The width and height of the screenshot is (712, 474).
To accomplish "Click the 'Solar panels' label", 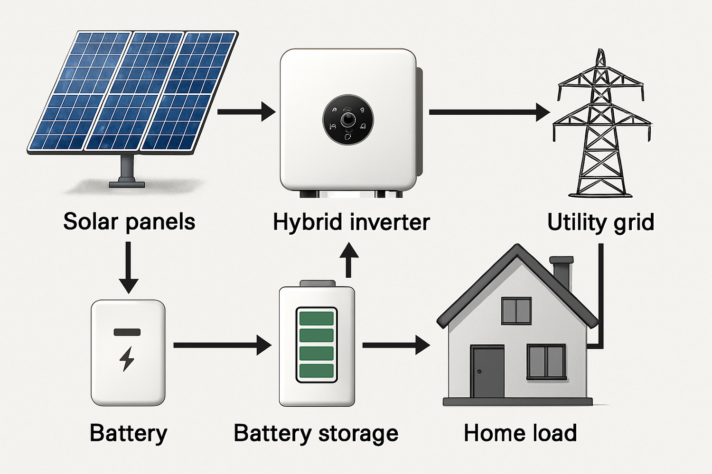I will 129,221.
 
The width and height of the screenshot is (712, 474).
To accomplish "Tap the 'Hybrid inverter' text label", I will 351,222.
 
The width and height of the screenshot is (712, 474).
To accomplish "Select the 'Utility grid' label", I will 600,222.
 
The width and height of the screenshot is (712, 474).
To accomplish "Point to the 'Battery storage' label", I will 316,433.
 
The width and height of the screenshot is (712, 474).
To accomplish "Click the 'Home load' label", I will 520,433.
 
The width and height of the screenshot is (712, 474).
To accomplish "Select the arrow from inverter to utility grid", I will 489,112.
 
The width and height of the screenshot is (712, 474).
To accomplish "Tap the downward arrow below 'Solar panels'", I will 128,268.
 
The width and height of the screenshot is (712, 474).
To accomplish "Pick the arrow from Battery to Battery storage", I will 222,345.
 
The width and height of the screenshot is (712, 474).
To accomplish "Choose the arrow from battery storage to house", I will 396,345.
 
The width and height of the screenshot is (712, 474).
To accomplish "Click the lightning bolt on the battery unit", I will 127,358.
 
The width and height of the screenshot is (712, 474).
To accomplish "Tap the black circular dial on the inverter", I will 348,119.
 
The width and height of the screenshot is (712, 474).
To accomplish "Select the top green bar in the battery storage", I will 317,318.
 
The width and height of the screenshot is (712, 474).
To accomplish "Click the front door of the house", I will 487,372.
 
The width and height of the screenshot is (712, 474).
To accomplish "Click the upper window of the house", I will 516,311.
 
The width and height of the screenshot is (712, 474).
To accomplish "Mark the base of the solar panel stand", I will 127,184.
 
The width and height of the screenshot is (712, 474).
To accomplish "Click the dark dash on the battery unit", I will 127,332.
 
